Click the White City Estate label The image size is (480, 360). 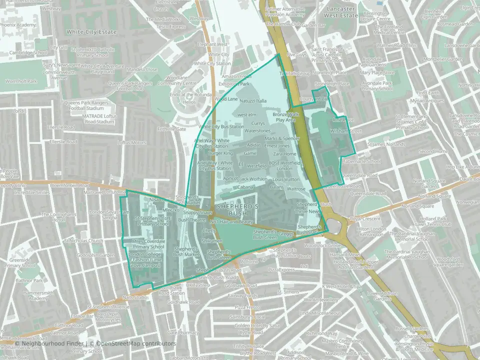click(x=91, y=32)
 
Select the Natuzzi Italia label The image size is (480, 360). click(x=253, y=101)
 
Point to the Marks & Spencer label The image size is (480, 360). click(x=282, y=138)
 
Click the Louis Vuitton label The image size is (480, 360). click(x=285, y=179)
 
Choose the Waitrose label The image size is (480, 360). click(x=296, y=189)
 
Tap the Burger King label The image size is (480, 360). click(x=220, y=153)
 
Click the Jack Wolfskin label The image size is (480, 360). click(x=253, y=178)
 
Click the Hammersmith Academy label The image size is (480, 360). click(x=30, y=295)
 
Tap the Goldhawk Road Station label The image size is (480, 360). click(x=171, y=290)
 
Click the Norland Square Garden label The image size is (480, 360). click(x=432, y=183)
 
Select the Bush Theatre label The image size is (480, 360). click(x=191, y=220)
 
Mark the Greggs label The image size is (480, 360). click(x=286, y=234)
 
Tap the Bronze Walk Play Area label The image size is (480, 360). click(x=286, y=117)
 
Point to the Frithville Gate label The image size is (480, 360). click(x=171, y=129)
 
